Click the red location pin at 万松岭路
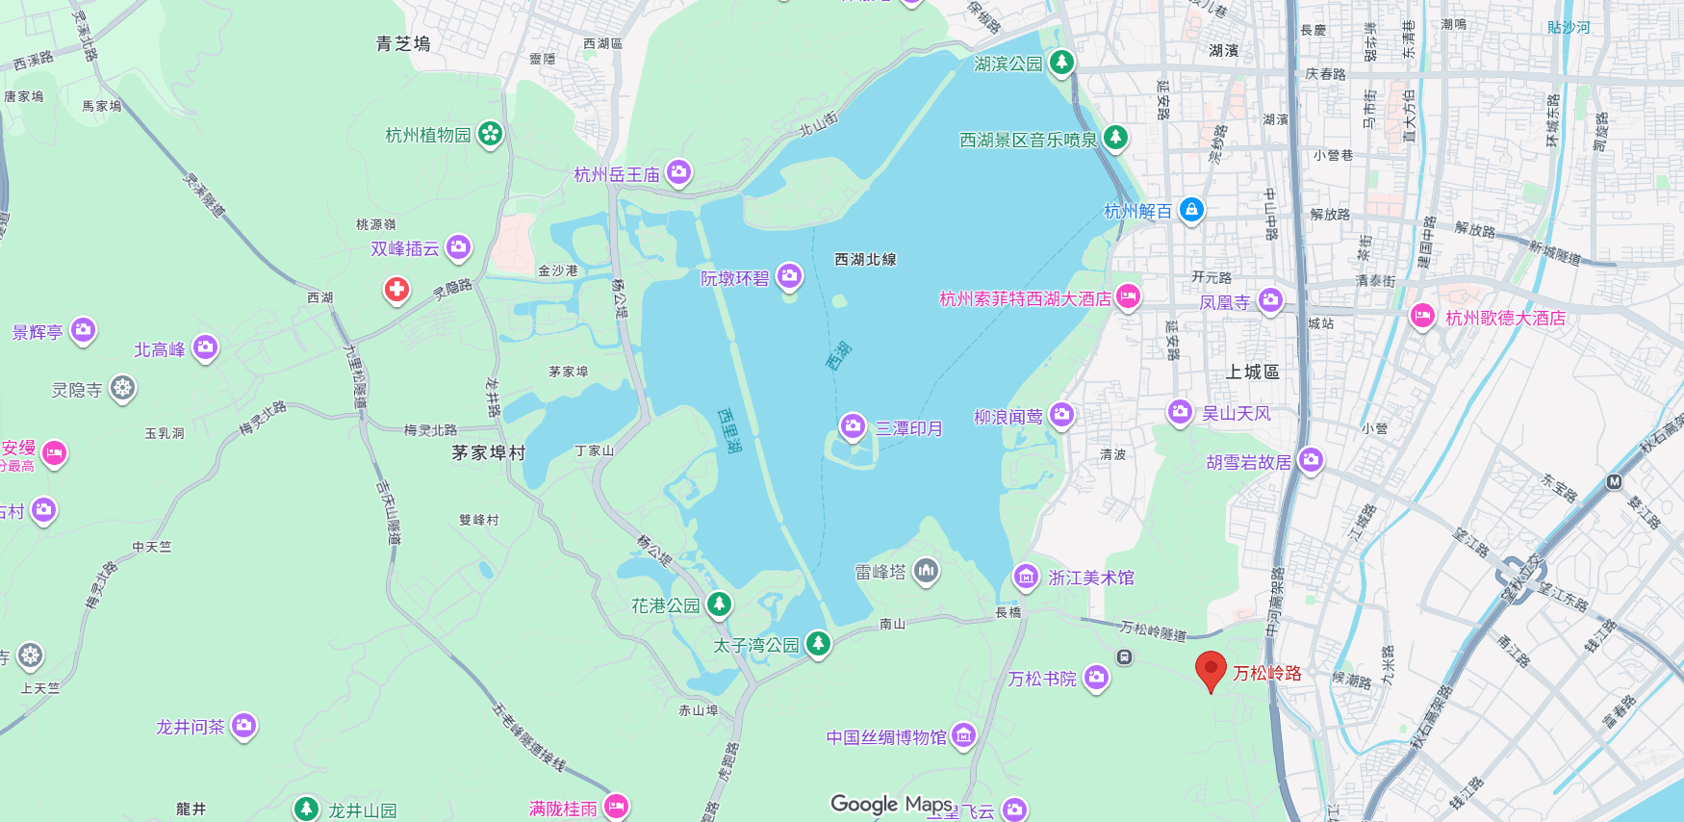point(1211,670)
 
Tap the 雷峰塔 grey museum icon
point(926,572)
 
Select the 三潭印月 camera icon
point(853,426)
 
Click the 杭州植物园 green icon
point(490,134)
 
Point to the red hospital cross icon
point(396,289)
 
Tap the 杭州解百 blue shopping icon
point(1191,209)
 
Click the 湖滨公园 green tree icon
point(1061,63)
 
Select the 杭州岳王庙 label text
point(617,174)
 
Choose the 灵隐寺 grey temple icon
point(122,389)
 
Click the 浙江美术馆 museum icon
point(1026,577)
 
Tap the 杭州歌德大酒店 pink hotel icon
point(1422,316)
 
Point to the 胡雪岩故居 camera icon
point(1310,460)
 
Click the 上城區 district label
point(1252,372)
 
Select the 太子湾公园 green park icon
point(818,643)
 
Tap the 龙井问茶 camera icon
point(243,725)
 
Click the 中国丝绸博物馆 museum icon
point(963,736)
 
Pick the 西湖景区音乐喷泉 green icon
point(1115,138)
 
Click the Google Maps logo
point(891,804)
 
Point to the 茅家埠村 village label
point(489,452)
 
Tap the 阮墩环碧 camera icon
point(790,277)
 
